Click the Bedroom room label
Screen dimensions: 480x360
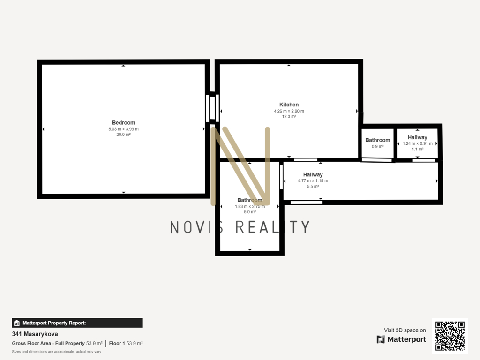pos(123,123)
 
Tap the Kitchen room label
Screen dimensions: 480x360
pos(289,105)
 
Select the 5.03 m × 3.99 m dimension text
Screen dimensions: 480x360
pos(123,129)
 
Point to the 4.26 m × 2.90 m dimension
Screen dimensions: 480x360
pos(289,111)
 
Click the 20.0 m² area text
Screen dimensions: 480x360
pos(123,135)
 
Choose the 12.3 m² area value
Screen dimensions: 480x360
pos(289,116)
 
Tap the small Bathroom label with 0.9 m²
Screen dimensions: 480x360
pos(378,140)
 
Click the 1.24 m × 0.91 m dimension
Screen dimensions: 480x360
pos(418,143)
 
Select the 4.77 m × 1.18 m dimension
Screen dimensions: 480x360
pos(313,180)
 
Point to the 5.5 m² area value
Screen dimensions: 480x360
pos(313,186)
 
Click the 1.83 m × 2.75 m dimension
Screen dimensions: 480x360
pos(250,206)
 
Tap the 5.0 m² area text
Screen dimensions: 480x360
pos(250,212)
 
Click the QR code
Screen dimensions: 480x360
pos(450,336)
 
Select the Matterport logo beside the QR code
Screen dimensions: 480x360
pos(401,339)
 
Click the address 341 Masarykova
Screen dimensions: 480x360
pos(35,334)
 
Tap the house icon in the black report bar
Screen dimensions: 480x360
pos(17,323)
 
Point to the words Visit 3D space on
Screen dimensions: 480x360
pos(405,330)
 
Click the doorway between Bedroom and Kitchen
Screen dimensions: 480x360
pos(212,108)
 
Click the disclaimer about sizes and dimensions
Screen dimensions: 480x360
pos(57,352)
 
